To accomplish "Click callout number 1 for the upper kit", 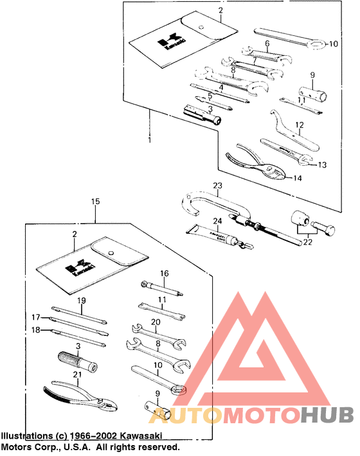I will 149,139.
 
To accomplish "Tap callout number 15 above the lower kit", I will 95,202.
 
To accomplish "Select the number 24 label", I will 217,221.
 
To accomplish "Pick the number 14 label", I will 297,177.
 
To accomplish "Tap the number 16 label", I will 165,274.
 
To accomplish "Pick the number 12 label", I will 299,125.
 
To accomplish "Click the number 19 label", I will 81,301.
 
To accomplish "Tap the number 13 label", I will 322,165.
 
